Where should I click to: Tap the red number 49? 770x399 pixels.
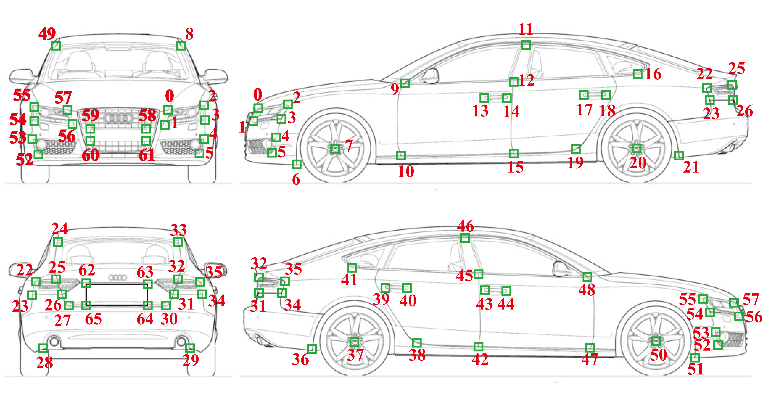click(47, 34)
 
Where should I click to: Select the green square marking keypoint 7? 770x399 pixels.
click(335, 149)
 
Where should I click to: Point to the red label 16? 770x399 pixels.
click(653, 74)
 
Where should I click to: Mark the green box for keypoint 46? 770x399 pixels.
click(465, 238)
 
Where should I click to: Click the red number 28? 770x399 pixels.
click(45, 363)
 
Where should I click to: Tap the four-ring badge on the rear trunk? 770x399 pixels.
click(118, 278)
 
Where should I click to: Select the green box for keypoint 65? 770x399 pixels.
click(86, 305)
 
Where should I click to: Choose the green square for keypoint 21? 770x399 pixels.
click(679, 155)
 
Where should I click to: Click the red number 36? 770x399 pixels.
click(300, 359)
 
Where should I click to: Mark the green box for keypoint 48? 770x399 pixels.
click(587, 277)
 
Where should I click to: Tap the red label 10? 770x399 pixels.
click(406, 171)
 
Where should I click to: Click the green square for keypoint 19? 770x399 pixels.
click(575, 149)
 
